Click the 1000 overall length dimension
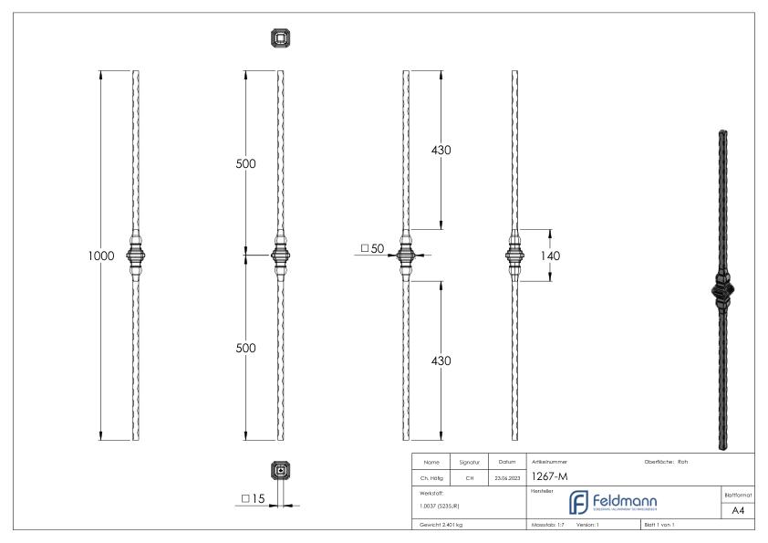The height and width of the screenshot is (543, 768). pyautogui.click(x=100, y=256)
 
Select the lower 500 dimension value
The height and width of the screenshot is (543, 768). pyautogui.click(x=245, y=348)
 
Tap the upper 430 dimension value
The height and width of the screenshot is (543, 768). pyautogui.click(x=441, y=151)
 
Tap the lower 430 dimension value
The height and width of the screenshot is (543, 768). pyautogui.click(x=441, y=360)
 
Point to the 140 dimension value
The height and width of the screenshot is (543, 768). pyautogui.click(x=550, y=256)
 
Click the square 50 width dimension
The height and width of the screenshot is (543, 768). pyautogui.click(x=374, y=248)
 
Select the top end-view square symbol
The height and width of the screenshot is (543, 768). pyautogui.click(x=280, y=37)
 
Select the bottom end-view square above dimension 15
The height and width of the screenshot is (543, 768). pyautogui.click(x=280, y=471)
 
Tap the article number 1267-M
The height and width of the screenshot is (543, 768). pyautogui.click(x=551, y=476)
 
